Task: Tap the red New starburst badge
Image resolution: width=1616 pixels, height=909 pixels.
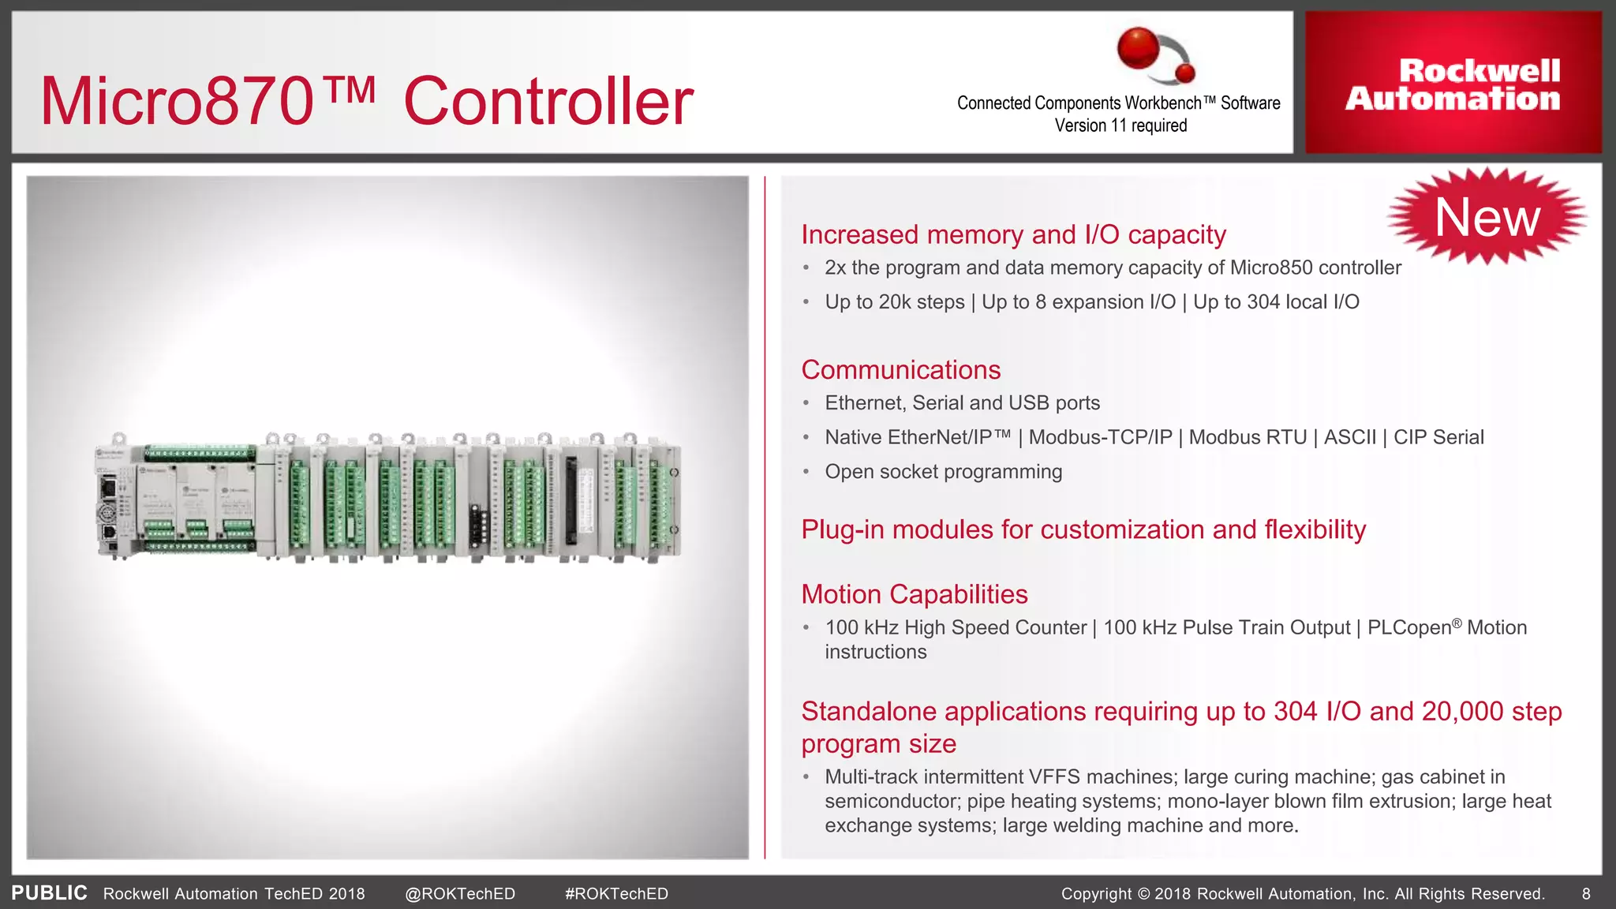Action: point(1487,217)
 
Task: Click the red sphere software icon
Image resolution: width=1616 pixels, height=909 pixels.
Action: point(1139,48)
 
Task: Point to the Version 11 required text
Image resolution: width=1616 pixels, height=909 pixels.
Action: point(1120,125)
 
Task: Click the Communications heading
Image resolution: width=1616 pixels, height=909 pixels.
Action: point(900,370)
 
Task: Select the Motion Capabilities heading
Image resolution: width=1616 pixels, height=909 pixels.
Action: point(914,594)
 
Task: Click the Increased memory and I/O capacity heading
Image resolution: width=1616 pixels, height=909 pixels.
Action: point(1013,234)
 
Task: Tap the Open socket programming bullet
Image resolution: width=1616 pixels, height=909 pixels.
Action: point(943,472)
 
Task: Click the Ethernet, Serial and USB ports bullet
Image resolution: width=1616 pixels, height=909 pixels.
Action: point(962,403)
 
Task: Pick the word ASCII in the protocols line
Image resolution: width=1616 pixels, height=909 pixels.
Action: point(1349,437)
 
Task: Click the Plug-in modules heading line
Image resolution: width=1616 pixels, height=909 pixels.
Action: point(1083,529)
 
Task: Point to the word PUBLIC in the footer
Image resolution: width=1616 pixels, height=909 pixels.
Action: point(49,893)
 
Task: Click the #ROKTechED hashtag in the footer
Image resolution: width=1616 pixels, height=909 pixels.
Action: point(616,894)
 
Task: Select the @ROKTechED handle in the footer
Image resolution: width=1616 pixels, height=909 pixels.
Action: point(459,894)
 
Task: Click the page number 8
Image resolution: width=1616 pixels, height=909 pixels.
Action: point(1586,894)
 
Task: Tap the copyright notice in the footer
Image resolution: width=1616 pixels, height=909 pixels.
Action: point(1302,894)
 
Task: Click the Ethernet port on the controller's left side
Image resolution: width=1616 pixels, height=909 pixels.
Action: point(107,487)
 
